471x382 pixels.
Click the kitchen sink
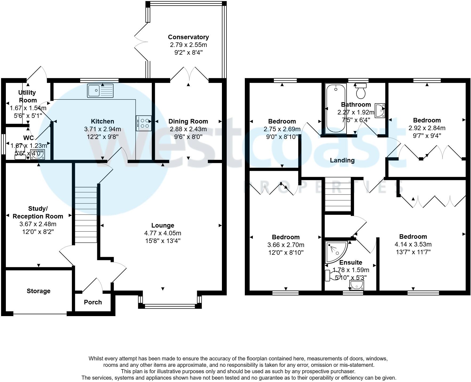(x=100, y=90)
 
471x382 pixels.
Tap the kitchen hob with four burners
(x=144, y=123)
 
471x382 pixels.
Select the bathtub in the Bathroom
(x=335, y=108)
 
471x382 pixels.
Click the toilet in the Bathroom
(x=361, y=91)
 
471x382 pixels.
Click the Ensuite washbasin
(x=356, y=285)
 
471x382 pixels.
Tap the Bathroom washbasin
(x=380, y=110)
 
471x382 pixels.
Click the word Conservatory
(x=188, y=37)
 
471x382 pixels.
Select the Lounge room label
(x=163, y=225)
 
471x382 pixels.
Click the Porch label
(x=93, y=302)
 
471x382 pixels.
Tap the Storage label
(x=38, y=291)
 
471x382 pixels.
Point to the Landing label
(x=342, y=160)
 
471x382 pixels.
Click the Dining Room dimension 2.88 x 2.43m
(x=188, y=129)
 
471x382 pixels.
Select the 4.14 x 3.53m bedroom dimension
(x=413, y=244)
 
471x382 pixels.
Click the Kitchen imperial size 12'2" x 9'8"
(x=102, y=137)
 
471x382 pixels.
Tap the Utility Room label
(x=27, y=96)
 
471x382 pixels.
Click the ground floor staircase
(x=86, y=215)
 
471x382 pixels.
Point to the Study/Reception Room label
(x=38, y=212)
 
